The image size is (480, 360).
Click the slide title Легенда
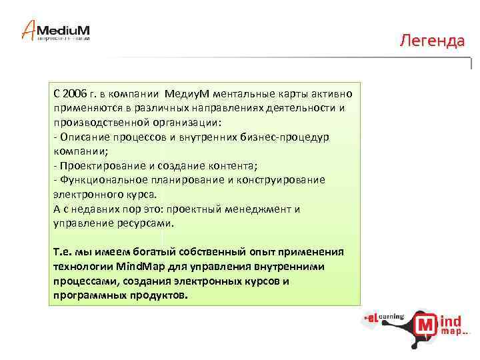click(x=432, y=41)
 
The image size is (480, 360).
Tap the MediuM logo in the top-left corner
click(x=57, y=30)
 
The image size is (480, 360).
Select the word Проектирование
click(x=101, y=165)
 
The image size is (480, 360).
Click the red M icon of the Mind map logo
click(x=426, y=325)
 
